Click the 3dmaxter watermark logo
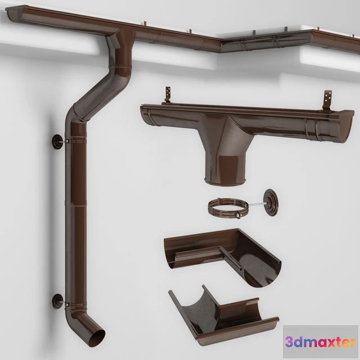[321, 341]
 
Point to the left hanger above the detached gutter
[166, 95]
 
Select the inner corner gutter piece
[225, 253]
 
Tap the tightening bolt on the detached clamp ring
[242, 214]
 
